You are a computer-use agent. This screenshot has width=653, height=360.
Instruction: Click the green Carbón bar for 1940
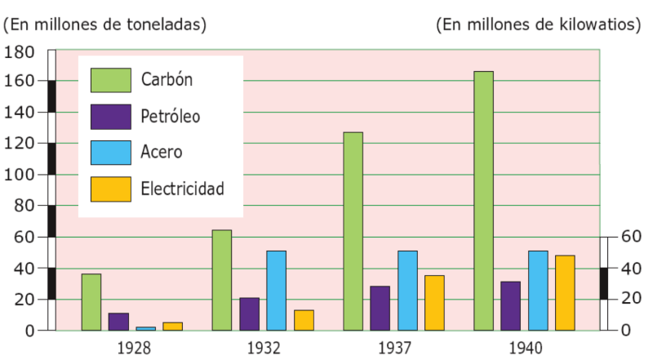click(483, 201)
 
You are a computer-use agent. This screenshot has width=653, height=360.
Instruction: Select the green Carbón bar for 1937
click(353, 231)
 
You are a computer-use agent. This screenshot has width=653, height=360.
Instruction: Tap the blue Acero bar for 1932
click(276, 291)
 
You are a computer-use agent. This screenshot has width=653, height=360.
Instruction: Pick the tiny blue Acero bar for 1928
click(146, 329)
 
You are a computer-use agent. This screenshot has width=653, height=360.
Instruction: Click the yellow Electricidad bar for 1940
click(565, 293)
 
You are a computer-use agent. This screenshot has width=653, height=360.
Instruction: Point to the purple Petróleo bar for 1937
click(380, 309)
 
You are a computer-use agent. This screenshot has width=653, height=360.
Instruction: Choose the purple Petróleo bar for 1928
click(118, 322)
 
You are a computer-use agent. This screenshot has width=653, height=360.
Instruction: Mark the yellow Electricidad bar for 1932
click(304, 321)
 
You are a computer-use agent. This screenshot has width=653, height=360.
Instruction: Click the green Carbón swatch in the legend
click(111, 80)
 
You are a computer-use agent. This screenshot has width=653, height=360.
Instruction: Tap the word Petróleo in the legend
click(171, 116)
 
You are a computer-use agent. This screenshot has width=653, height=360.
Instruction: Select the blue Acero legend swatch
click(111, 153)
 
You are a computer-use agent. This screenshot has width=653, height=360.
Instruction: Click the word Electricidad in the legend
click(182, 189)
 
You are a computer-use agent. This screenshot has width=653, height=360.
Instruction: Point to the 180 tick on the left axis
click(19, 52)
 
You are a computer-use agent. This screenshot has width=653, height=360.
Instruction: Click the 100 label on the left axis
click(19, 174)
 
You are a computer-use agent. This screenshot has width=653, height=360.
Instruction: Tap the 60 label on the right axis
click(631, 236)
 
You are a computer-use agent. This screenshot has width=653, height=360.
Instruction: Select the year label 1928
click(134, 348)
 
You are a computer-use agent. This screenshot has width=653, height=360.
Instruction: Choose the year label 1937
click(394, 348)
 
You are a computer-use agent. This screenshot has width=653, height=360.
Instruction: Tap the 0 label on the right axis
click(626, 330)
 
